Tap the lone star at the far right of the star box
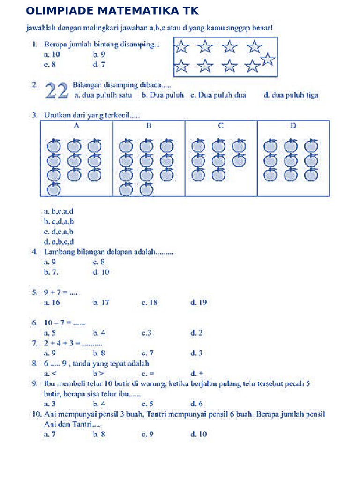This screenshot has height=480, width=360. point(268,60)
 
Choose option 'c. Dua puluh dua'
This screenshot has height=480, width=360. point(218,95)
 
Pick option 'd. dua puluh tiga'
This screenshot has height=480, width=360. point(291,95)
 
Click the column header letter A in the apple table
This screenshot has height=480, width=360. point(76,126)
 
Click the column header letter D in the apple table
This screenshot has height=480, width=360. point(293,126)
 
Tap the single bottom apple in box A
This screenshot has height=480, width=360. point(54,189)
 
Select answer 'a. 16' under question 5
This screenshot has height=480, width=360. point(52,303)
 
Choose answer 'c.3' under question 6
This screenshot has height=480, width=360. point(146,333)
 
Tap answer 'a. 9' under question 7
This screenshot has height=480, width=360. point(50,352)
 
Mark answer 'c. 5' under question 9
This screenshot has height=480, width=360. point(148,404)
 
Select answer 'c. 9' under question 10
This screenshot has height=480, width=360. point(148,435)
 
